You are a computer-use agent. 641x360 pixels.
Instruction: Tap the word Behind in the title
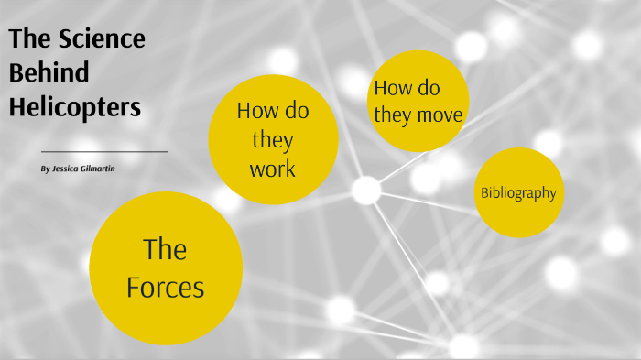(49, 73)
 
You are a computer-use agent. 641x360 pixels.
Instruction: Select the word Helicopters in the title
(75, 107)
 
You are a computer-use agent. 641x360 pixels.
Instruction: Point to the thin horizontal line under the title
(104, 151)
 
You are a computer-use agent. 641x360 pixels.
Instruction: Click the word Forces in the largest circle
(166, 288)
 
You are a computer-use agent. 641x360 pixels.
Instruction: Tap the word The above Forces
(166, 249)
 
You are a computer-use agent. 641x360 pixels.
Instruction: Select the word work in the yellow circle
(273, 169)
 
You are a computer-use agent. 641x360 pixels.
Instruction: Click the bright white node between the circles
(365, 190)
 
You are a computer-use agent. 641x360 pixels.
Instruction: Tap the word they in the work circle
(273, 140)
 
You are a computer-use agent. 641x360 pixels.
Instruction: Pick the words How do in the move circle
(407, 89)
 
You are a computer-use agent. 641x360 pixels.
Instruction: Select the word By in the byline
(46, 170)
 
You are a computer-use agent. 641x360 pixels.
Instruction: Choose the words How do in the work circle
(273, 111)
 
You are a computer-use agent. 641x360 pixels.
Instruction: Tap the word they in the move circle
(392, 115)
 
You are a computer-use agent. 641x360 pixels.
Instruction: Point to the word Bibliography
(518, 193)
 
